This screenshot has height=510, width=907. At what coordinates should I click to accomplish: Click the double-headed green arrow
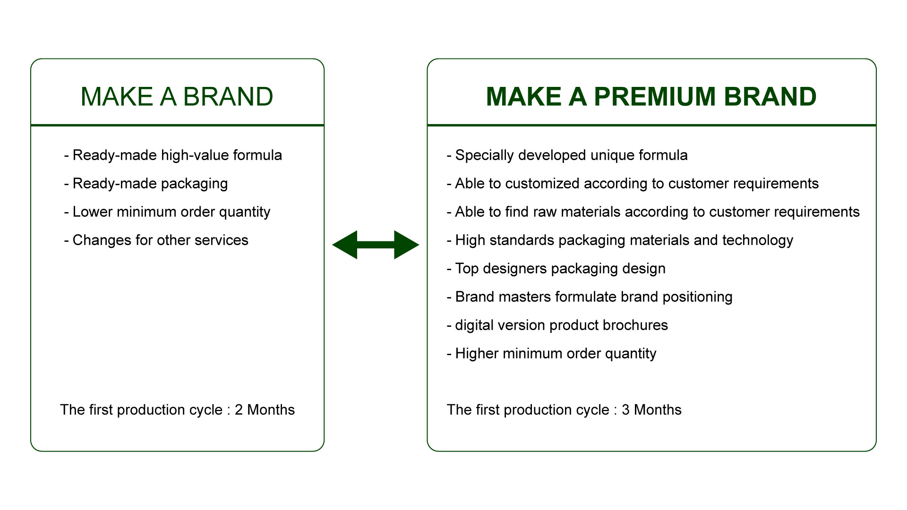[x=376, y=245]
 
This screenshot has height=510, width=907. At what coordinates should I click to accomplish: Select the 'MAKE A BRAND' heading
[x=177, y=97]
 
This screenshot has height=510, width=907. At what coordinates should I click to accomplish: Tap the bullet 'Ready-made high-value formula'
[x=173, y=155]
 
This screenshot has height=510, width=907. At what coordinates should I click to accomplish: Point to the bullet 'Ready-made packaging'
[x=146, y=184]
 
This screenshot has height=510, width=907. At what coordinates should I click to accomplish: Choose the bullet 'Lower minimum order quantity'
[x=167, y=212]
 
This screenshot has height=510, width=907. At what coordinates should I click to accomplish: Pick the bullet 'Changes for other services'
[x=156, y=240]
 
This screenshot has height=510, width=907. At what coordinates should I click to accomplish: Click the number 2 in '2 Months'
[x=239, y=410]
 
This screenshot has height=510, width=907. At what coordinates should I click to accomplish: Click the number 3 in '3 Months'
[x=625, y=410]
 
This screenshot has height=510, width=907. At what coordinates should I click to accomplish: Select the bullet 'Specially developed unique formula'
[x=567, y=155]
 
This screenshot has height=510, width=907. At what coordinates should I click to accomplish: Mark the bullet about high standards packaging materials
[x=620, y=240]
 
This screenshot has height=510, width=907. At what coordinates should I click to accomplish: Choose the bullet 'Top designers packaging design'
[x=556, y=269]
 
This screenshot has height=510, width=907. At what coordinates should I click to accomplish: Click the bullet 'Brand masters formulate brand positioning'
[x=590, y=297]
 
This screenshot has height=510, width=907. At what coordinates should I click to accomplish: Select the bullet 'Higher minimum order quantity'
[x=551, y=354]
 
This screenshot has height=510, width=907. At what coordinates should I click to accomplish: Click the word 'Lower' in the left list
[x=92, y=212]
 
